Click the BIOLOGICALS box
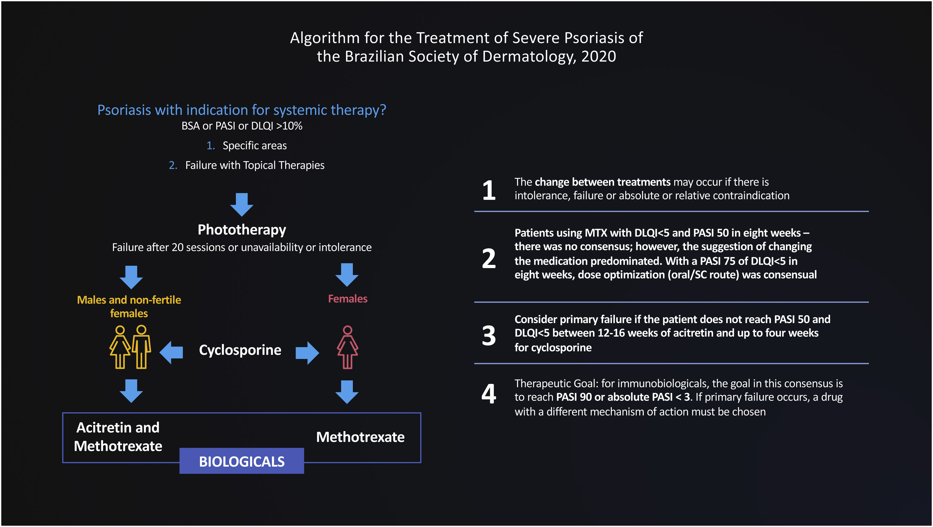pos(241,461)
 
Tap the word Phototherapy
pos(241,230)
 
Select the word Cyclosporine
pos(240,350)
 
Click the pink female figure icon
pos(347,347)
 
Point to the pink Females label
pos(347,299)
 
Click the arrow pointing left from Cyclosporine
pos(171,352)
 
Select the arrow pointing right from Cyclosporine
pos(307,353)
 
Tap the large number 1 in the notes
pos(489,190)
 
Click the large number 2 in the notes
pos(489,259)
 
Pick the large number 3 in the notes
pos(489,335)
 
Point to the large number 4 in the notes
pos(489,394)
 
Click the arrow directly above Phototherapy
pos(241,204)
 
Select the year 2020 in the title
pos(598,56)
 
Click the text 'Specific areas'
pos(254,146)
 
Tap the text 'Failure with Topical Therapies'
pos(255,165)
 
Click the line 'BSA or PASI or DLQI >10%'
pos(241,126)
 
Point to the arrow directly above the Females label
pos(347,275)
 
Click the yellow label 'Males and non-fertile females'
pos(129,306)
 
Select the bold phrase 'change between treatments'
pos(602,182)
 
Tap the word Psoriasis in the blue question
pos(124,110)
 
